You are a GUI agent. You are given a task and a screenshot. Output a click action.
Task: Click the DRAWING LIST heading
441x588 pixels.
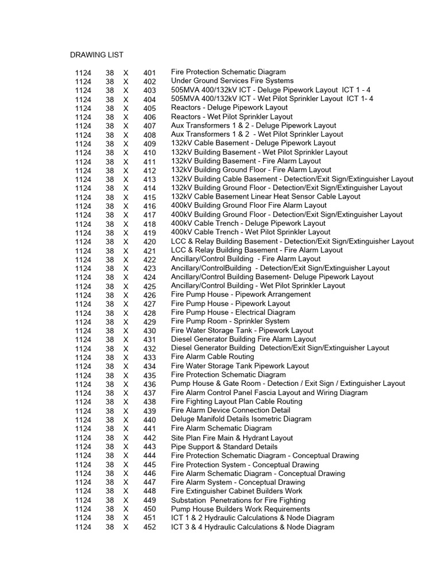[96, 55]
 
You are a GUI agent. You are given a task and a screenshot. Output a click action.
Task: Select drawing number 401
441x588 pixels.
[149, 72]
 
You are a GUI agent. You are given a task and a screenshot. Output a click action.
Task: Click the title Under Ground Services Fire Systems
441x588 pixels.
[232, 81]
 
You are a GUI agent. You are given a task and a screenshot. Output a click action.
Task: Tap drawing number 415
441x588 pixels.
[149, 197]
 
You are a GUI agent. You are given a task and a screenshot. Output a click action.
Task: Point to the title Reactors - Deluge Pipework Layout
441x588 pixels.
[229, 107]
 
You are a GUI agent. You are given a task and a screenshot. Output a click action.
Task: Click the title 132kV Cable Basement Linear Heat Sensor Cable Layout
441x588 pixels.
[266, 196]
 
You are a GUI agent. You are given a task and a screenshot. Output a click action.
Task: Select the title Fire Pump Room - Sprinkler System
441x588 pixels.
[230, 321]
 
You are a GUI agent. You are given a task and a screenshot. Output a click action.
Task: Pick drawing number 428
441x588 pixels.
[149, 313]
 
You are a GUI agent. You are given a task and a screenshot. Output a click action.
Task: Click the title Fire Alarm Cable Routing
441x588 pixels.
[212, 357]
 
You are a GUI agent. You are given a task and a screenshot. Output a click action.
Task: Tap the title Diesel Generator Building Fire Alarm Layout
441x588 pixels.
[243, 339]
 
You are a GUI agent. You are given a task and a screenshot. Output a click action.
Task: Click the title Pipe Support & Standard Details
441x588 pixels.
[224, 446]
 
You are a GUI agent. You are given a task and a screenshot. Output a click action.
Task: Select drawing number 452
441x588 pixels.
[149, 527]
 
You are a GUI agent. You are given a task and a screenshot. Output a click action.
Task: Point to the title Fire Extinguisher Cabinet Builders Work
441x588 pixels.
[237, 491]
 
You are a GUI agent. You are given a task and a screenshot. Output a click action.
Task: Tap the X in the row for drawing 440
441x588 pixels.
[126, 420]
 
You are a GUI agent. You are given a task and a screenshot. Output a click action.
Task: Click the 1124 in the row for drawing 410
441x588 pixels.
[83, 153]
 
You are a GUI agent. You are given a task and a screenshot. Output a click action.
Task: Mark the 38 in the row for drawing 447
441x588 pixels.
[110, 482]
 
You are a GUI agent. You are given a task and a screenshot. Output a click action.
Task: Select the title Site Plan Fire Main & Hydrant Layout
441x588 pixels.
[232, 438]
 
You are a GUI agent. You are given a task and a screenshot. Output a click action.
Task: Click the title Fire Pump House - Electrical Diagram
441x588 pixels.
[233, 312]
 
